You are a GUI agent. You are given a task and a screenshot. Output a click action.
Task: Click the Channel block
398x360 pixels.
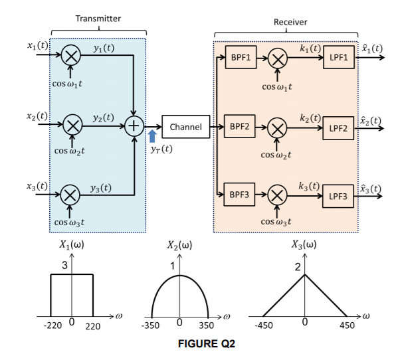tap(186, 126)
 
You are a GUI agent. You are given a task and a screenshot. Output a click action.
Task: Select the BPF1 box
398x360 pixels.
tap(240, 58)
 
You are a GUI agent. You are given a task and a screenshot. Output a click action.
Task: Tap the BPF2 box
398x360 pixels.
tap(240, 125)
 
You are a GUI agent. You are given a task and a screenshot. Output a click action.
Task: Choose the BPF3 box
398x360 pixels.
tap(240, 195)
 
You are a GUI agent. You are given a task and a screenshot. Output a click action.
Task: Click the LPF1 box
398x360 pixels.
tap(338, 58)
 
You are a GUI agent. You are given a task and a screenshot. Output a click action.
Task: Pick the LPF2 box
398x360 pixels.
tap(338, 127)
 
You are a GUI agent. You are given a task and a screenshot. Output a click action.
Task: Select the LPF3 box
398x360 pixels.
tap(338, 196)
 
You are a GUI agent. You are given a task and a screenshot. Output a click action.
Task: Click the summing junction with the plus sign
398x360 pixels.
tap(135, 126)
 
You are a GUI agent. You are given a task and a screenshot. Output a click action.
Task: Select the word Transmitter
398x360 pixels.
tap(98, 19)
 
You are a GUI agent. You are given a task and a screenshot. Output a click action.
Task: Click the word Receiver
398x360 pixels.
tap(290, 23)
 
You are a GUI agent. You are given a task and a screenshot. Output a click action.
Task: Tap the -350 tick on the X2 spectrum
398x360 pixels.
tap(152, 327)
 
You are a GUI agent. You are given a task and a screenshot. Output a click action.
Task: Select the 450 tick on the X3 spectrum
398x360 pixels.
tap(347, 327)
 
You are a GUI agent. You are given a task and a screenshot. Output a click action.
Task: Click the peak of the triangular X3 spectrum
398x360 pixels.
tap(304, 274)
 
